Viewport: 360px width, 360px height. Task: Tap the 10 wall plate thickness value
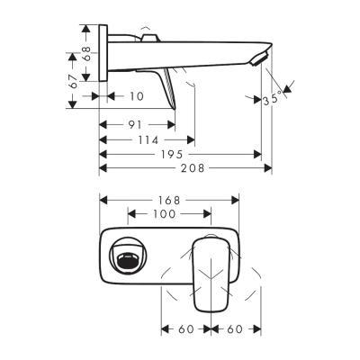[135, 95]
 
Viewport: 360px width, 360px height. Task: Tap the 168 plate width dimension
[168, 199]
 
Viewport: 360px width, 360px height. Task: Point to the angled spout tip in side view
[262, 58]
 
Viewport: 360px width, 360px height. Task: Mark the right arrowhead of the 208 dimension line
[268, 168]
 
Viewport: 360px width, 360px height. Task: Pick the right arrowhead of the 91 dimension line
[172, 125]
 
